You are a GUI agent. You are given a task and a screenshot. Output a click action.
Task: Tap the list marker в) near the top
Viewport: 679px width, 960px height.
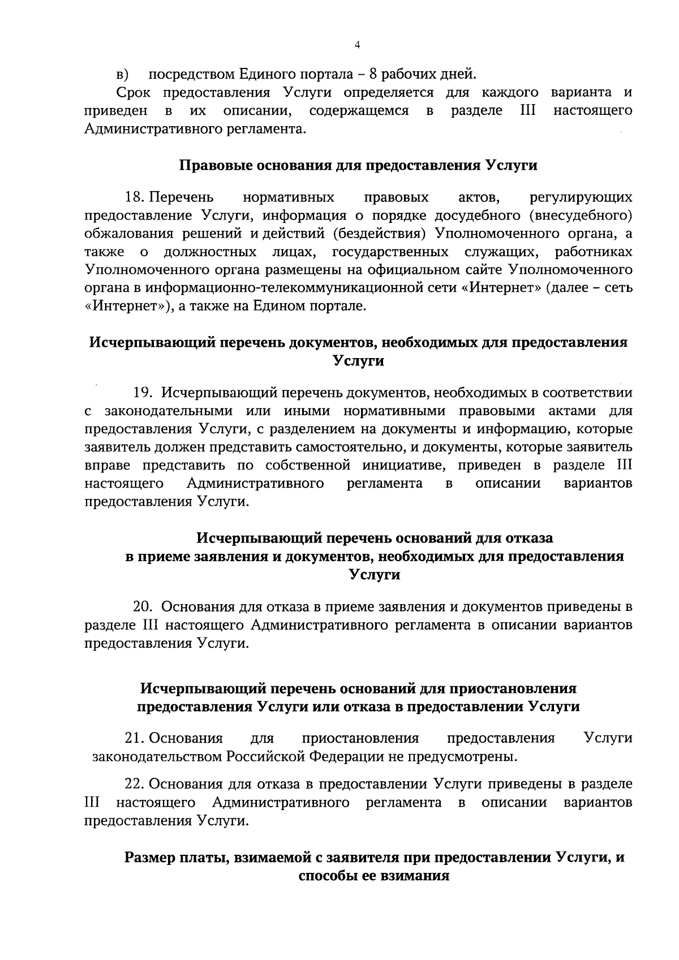pyautogui.click(x=123, y=75)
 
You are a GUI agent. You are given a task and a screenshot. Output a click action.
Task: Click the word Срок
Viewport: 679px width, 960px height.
pyautogui.click(x=134, y=92)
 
